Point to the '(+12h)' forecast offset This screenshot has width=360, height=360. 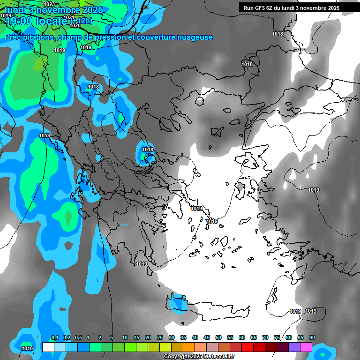(x=81, y=21)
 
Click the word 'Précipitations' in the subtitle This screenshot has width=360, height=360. (x=28, y=37)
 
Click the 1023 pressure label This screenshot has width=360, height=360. (x=49, y=4)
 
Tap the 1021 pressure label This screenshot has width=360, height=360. (x=68, y=17)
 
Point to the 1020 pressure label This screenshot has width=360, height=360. (x=75, y=25)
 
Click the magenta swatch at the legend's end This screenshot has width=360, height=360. (x=307, y=347)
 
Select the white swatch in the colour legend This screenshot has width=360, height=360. (x=48, y=347)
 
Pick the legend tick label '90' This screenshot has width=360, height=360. (x=312, y=338)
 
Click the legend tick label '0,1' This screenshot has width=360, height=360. (x=54, y=338)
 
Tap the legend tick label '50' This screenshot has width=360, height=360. (x=218, y=338)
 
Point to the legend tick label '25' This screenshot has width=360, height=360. (x=160, y=338)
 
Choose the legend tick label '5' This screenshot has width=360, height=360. (x=112, y=338)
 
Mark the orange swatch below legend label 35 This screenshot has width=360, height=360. (x=189, y=347)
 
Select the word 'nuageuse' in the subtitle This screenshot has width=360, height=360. (x=193, y=37)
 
